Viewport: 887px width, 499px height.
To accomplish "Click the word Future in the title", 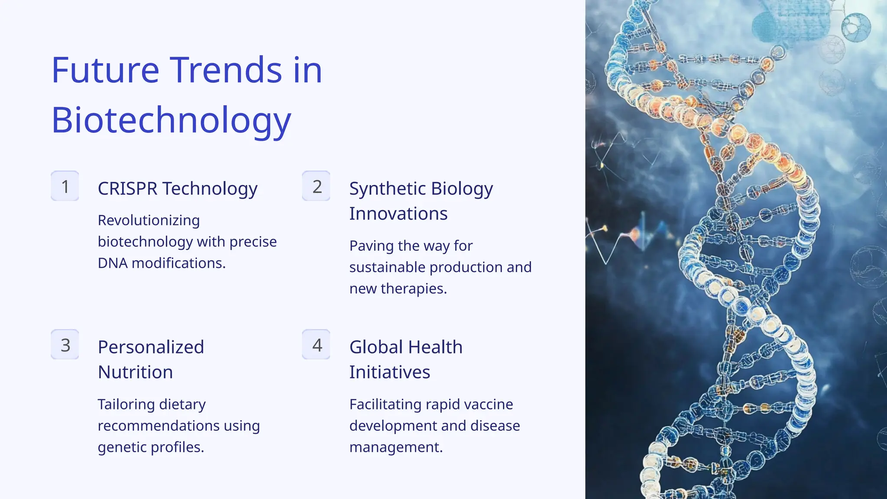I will [105, 70].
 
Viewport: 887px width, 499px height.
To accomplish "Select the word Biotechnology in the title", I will [171, 120].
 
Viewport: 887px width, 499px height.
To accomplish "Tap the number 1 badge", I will [65, 186].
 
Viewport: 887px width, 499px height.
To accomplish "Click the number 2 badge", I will [317, 186].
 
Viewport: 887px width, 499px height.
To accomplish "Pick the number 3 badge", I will [65, 345].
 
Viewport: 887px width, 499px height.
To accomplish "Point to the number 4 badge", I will [317, 345].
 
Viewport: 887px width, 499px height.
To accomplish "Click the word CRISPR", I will [127, 189].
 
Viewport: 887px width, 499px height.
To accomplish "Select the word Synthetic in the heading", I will [387, 189].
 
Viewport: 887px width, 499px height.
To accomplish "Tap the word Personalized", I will [151, 347].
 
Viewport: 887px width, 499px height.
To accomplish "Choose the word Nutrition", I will [135, 373].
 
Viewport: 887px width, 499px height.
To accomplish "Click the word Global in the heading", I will [376, 347].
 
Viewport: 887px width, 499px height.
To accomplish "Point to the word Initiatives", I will [389, 373].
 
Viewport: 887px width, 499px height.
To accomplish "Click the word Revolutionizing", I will [149, 220].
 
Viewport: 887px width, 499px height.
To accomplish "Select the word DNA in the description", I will [112, 263].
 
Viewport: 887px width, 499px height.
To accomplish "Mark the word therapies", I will [414, 288].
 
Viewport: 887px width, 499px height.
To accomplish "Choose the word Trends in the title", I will [225, 70].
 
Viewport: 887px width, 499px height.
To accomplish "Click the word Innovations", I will [398, 214].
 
